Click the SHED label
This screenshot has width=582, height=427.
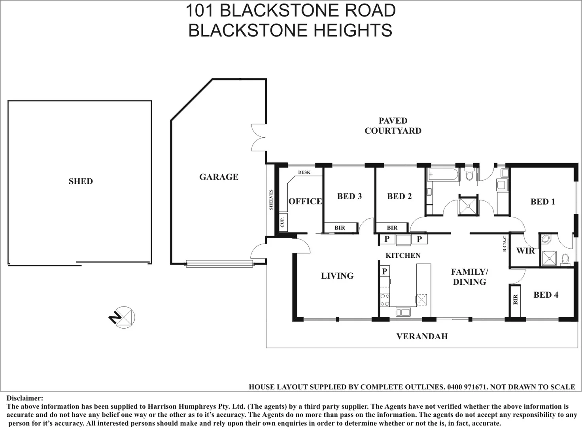click(81, 181)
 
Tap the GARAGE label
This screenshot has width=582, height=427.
click(219, 177)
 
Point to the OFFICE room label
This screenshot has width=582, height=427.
click(305, 201)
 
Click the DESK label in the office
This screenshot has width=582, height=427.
click(304, 172)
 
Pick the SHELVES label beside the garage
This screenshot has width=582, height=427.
click(271, 200)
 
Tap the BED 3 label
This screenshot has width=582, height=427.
click(349, 196)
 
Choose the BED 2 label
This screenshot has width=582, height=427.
click(399, 196)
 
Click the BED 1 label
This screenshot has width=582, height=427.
click(542, 202)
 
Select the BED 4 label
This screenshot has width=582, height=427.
click(546, 295)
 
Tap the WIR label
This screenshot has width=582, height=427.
click(525, 251)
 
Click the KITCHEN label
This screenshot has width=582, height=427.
click(403, 255)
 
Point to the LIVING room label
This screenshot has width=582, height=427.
click(337, 276)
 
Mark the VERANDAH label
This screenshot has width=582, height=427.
click(422, 336)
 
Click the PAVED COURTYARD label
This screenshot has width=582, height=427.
click(393, 126)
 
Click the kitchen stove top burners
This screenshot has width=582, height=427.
click(385, 299)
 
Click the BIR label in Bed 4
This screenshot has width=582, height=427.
click(515, 300)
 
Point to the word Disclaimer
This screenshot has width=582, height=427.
click(25, 398)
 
